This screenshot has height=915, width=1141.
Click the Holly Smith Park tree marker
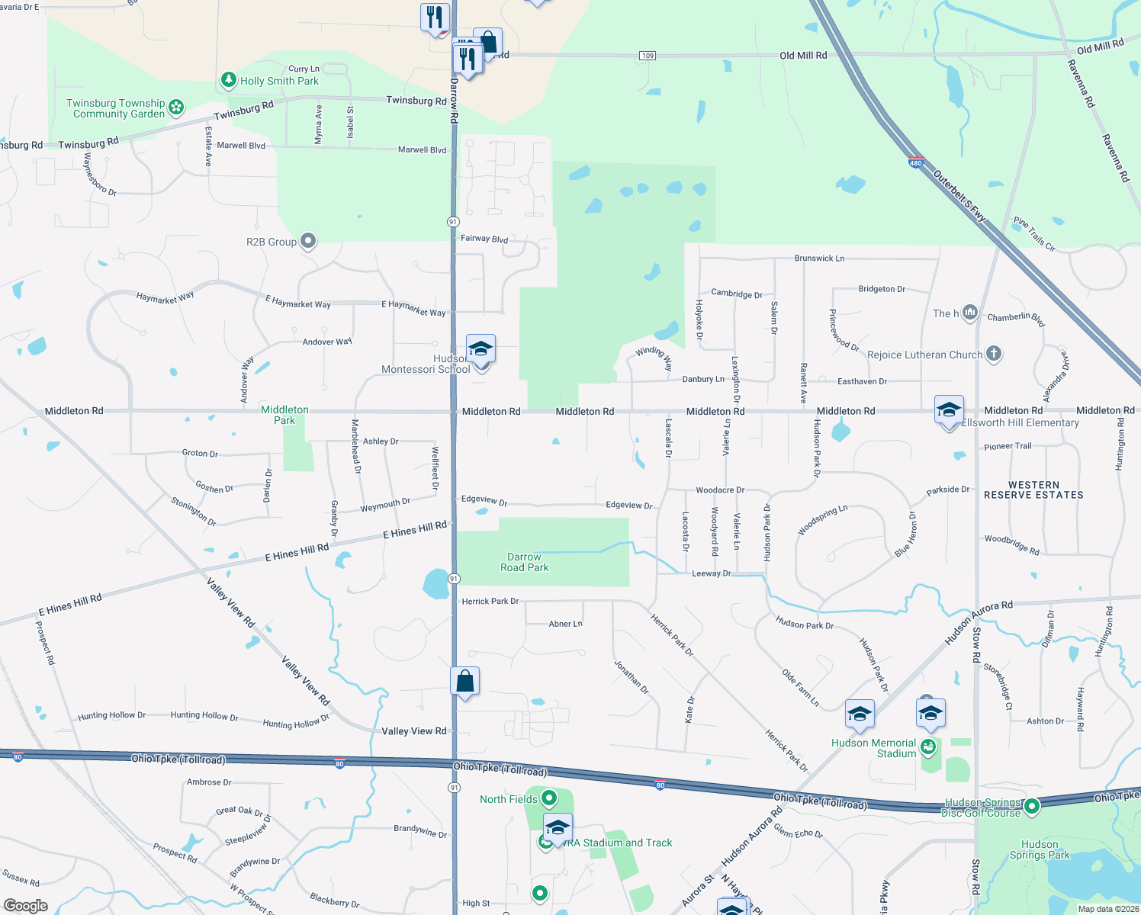(x=228, y=80)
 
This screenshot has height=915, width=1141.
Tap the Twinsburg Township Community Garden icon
(x=176, y=108)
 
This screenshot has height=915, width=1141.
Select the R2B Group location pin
(x=307, y=242)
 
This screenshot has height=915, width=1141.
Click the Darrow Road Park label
(x=524, y=563)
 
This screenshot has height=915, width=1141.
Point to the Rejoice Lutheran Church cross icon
(x=993, y=353)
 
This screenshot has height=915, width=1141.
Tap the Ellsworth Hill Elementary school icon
(x=949, y=411)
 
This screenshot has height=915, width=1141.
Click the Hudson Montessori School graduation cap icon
(x=481, y=350)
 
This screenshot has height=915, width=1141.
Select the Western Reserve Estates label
(x=1033, y=490)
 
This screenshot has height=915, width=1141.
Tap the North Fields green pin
(x=548, y=798)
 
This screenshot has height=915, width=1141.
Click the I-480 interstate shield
(x=916, y=162)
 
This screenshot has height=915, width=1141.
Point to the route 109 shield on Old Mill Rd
(x=648, y=56)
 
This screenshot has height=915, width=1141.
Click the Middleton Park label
(x=284, y=415)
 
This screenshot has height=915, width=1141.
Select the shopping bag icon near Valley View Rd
(x=464, y=682)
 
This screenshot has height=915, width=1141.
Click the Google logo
(x=25, y=906)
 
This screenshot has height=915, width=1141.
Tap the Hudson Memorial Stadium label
(x=873, y=748)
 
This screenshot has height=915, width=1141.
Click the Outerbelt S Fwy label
(x=959, y=195)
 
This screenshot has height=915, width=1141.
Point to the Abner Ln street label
(x=565, y=624)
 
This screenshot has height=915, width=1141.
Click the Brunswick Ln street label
(x=819, y=258)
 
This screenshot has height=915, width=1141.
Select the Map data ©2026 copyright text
(x=1108, y=909)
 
